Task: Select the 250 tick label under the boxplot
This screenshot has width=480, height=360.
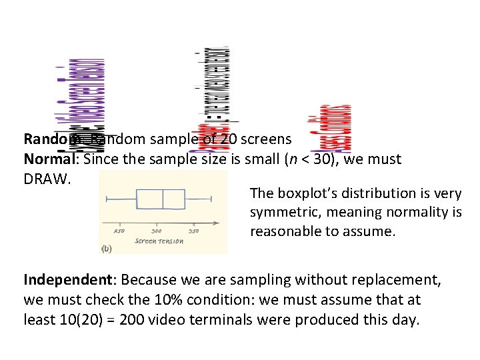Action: pos(119,231)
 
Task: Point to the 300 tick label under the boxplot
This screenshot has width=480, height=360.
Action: pos(157,231)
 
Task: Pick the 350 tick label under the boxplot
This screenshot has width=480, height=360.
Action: pos(194,231)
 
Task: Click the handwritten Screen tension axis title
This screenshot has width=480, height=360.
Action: pos(159,241)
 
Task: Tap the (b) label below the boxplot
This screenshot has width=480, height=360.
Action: pos(107,249)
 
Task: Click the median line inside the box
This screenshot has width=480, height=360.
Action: pos(163,199)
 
